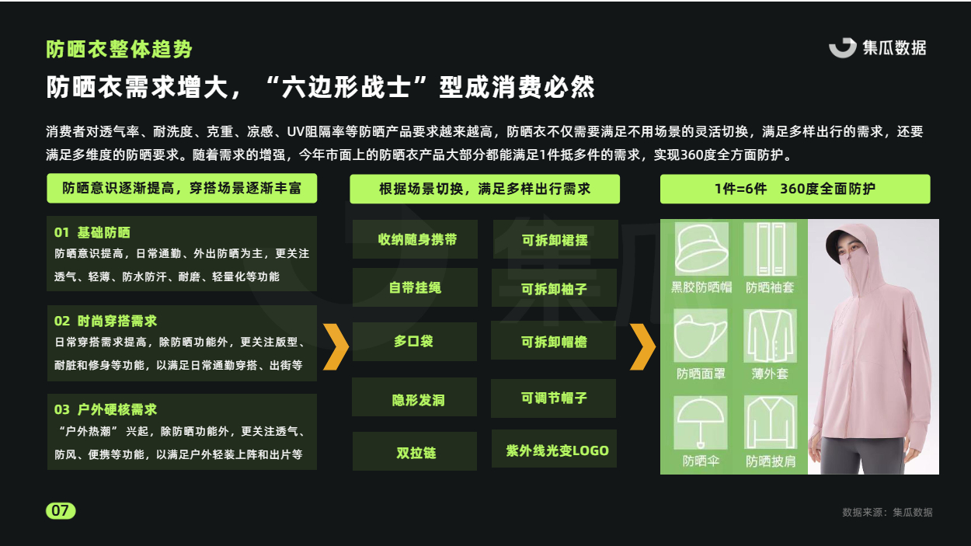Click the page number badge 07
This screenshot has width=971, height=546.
point(61,510)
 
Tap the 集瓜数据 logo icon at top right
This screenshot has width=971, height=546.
point(842,48)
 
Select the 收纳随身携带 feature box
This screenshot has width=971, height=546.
point(415,239)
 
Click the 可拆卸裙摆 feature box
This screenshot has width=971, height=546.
point(555,239)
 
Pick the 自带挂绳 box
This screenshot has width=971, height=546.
point(415,287)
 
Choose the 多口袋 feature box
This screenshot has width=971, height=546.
point(414,342)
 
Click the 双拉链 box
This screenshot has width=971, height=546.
point(414,451)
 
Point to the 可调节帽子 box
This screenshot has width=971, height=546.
point(553,398)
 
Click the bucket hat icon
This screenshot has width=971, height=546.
point(701,249)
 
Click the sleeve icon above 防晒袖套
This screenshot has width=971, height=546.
point(771,249)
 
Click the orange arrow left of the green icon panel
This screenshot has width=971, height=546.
point(643,346)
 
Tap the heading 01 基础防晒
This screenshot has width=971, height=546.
point(92,233)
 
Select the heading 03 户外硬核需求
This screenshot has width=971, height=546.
point(106,409)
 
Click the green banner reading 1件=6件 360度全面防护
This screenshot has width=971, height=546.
point(795,189)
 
